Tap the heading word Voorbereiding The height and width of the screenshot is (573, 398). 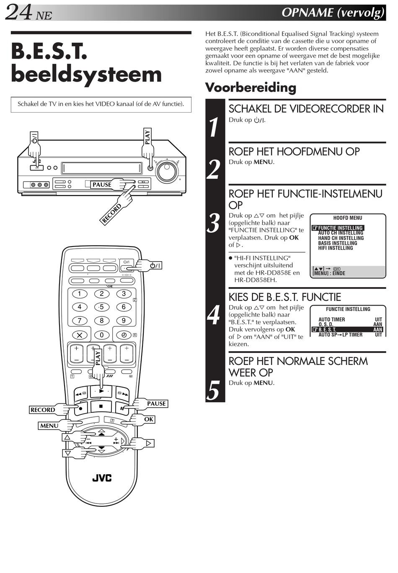250,87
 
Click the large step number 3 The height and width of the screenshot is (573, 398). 214,224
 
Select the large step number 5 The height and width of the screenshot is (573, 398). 214,391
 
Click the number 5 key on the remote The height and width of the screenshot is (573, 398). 101,307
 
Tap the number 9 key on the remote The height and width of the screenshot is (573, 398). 124,321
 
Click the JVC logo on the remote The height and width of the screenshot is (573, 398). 102,478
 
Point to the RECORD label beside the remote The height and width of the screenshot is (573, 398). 43,410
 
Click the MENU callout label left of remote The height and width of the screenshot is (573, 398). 49,426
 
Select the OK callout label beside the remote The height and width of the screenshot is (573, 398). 149,419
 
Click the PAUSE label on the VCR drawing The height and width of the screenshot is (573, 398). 102,185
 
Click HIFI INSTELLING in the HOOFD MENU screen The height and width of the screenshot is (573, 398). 335,248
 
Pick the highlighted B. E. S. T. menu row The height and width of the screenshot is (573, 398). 347,329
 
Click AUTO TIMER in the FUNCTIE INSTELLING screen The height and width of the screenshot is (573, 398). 331,319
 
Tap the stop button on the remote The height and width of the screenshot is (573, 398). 101,406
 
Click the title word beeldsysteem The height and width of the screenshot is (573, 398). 86,75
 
